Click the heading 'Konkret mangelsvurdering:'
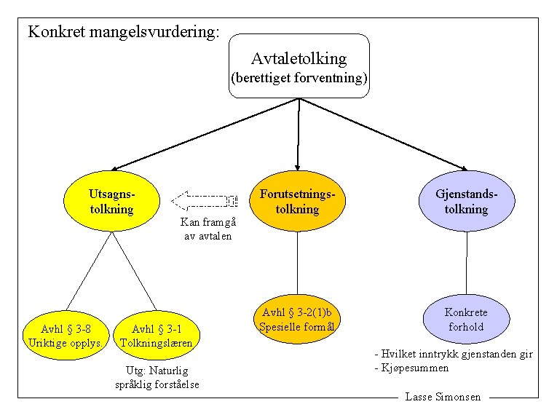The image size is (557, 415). (x=124, y=32)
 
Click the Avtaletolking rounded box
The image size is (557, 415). (x=299, y=66)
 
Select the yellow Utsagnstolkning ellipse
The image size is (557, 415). (x=111, y=201)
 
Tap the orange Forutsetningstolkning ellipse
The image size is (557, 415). (x=297, y=201)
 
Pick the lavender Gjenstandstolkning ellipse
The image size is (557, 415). (x=467, y=201)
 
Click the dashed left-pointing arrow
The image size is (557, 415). (x=205, y=201)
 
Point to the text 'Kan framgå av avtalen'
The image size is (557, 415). (x=208, y=229)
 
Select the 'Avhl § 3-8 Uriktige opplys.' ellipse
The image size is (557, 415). (x=66, y=336)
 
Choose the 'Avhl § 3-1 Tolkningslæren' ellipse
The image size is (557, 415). (x=157, y=336)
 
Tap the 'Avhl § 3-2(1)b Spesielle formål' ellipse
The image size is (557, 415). (x=297, y=319)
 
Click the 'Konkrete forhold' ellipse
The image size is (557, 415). (x=467, y=319)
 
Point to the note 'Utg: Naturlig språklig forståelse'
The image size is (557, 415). (x=157, y=377)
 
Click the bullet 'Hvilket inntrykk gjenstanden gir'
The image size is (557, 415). (x=454, y=354)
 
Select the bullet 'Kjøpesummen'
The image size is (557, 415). (x=411, y=368)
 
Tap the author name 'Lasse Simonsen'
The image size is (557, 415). (x=443, y=397)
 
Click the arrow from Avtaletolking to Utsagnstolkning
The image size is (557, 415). (x=205, y=134)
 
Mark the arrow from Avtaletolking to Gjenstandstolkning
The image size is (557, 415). (x=384, y=134)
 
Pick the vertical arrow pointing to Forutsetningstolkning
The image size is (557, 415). (x=299, y=134)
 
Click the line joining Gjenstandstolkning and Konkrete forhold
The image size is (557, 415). (x=467, y=263)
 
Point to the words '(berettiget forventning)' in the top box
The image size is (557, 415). (x=299, y=78)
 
